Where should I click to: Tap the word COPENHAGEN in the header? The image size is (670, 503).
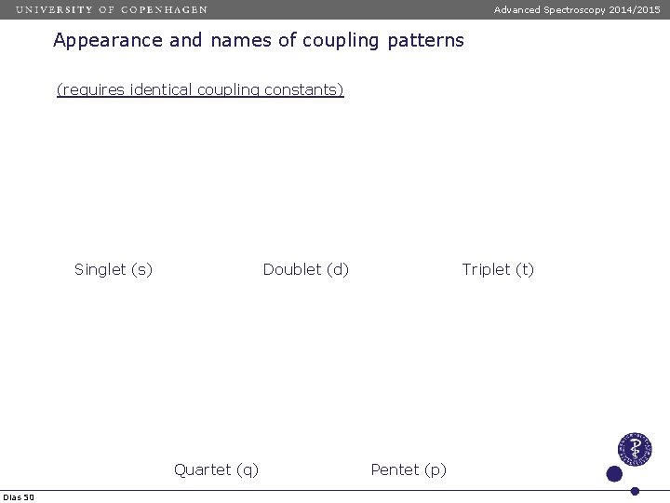pos(164,9)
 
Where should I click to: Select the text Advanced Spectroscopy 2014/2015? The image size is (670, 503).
pos(577,9)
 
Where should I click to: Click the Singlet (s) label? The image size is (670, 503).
pos(114,270)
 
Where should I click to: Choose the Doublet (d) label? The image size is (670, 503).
pos(306,270)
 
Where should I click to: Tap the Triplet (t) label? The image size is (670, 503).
pos(498,270)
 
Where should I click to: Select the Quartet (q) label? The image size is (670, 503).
pos(216,469)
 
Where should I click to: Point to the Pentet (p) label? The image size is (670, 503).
pos(409,469)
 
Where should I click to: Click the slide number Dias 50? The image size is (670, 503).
pos(19,497)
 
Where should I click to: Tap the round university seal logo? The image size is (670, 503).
pos(635,449)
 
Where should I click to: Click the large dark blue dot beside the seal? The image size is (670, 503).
pos(614,474)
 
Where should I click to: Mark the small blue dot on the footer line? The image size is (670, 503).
pos(635,491)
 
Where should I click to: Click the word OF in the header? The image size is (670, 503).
pos(106,9)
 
